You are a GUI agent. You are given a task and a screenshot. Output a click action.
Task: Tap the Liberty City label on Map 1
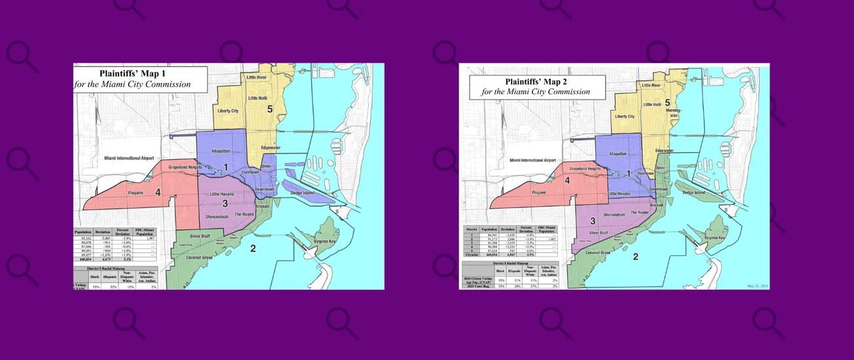pyautogui.click(x=227, y=111)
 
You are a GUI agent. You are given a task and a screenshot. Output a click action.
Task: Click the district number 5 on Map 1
pyautogui.click(x=269, y=109)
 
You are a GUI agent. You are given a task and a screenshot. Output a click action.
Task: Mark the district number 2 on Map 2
pyautogui.click(x=635, y=257)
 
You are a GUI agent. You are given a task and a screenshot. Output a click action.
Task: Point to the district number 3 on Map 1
pyautogui.click(x=224, y=204)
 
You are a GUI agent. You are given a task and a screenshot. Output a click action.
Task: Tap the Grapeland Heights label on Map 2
pyautogui.click(x=585, y=169)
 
